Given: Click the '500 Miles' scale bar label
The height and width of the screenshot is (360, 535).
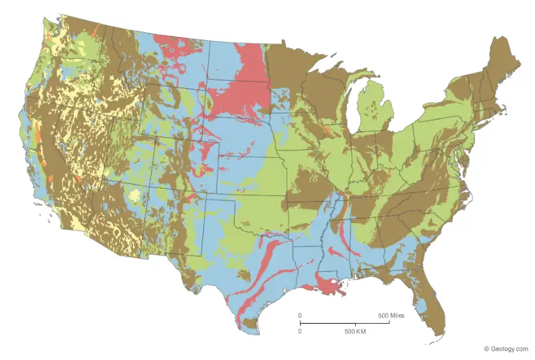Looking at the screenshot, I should click(391, 315).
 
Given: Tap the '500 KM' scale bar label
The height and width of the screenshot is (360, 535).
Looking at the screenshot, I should click(354, 332).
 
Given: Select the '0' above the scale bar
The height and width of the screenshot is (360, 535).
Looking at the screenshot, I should click(300, 315).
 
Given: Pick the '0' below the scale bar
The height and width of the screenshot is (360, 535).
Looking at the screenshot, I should click(300, 332).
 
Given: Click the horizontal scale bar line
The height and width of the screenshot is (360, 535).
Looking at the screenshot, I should click(344, 323).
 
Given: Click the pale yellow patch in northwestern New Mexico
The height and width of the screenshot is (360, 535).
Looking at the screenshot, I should click(137, 195).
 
